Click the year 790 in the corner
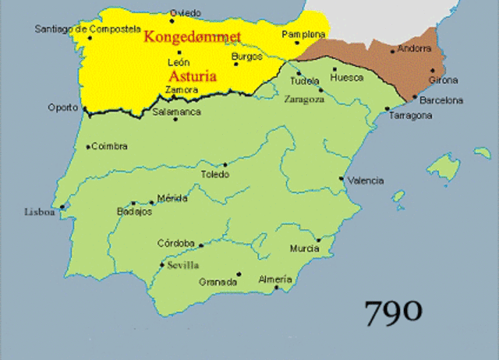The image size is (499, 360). point(394,312)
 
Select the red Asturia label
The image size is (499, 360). point(192,76)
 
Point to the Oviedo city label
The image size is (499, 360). point(186,13)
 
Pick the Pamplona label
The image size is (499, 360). point(303,35)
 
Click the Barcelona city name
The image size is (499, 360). point(441,100)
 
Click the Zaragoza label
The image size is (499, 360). point(303,100)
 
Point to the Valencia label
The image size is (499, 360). point(366,181)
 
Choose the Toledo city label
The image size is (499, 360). point(216,175)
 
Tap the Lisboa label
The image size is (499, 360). point(40,211)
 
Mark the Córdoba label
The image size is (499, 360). point(175,243)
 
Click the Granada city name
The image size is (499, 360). point(218,282)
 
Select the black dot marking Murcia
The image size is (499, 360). point(318,240)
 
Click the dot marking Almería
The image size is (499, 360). point(276,288)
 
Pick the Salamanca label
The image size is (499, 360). point(176,112)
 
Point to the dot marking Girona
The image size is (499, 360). point(432,70)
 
